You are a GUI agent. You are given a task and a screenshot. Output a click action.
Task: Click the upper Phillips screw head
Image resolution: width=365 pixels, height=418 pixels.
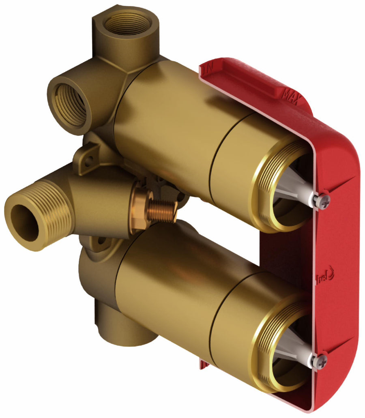click(323, 202)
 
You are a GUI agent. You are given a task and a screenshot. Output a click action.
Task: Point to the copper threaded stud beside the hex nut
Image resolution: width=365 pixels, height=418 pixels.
click(162, 211)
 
